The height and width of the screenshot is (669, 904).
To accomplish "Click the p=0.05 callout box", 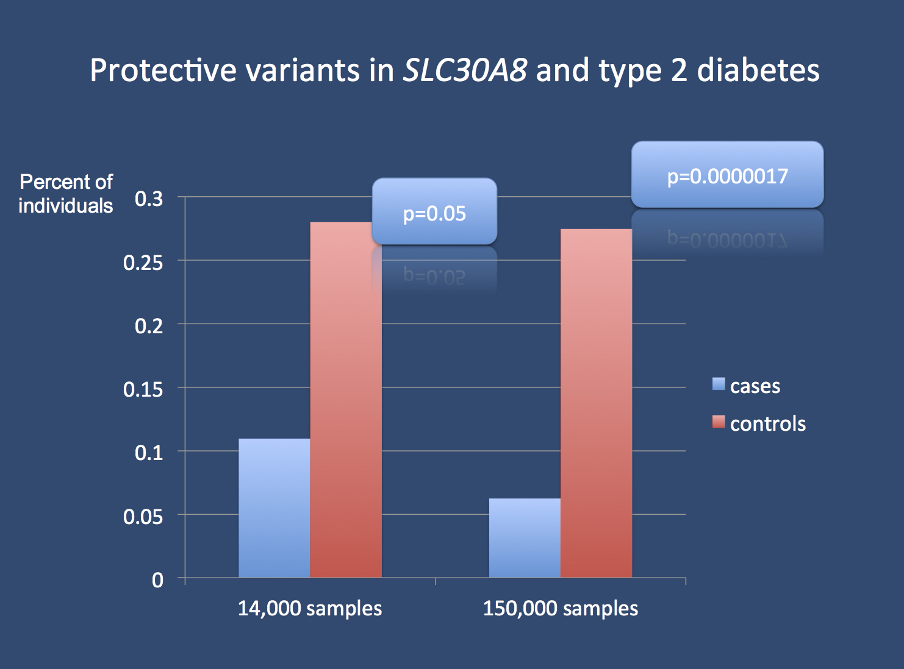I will [434, 213].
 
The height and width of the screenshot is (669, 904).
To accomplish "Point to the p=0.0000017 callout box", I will [727, 175].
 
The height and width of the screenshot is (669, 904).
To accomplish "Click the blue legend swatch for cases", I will [719, 384].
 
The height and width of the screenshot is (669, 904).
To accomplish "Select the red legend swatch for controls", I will [719, 422].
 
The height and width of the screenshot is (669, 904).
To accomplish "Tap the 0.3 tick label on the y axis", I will [149, 199].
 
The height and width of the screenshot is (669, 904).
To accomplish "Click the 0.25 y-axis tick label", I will [143, 263].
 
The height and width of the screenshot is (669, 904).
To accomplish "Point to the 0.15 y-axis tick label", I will [143, 389].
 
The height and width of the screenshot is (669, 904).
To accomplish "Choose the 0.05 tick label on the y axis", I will [143, 517].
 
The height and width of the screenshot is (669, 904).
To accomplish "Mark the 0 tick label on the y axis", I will [157, 580].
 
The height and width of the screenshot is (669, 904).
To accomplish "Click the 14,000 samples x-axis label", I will [310, 608].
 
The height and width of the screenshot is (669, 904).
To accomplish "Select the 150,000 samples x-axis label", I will [561, 608].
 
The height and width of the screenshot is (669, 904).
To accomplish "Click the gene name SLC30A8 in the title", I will [465, 70].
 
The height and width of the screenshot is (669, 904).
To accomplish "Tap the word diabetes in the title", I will [758, 70].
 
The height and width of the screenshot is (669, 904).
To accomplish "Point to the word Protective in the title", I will [163, 70].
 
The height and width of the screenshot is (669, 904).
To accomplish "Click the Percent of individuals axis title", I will [66, 194].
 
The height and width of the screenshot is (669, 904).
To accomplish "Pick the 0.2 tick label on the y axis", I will [149, 326].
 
